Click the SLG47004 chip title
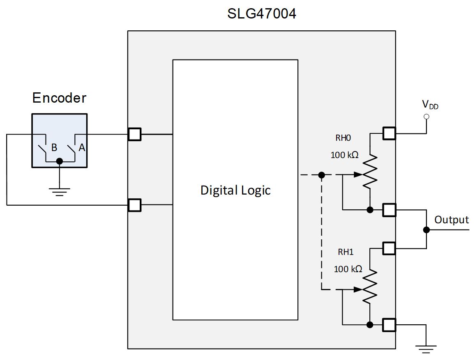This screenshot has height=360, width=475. [262, 14]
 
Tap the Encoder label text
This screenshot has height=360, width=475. [59, 98]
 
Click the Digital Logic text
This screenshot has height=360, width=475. [235, 190]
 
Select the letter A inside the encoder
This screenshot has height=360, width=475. [82, 148]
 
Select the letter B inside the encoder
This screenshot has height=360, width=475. [54, 148]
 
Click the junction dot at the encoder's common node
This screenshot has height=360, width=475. [60, 161]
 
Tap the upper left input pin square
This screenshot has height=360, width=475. [134, 134]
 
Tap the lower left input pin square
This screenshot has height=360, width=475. [134, 205]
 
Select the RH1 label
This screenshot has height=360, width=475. [345, 252]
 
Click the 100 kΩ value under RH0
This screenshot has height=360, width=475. [344, 156]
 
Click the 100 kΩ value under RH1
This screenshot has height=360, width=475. [348, 269]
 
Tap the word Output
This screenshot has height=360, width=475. [452, 220]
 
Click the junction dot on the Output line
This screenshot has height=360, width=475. [427, 230]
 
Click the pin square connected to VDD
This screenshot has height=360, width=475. [389, 133]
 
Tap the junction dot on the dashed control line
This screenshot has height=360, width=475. [322, 175]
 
